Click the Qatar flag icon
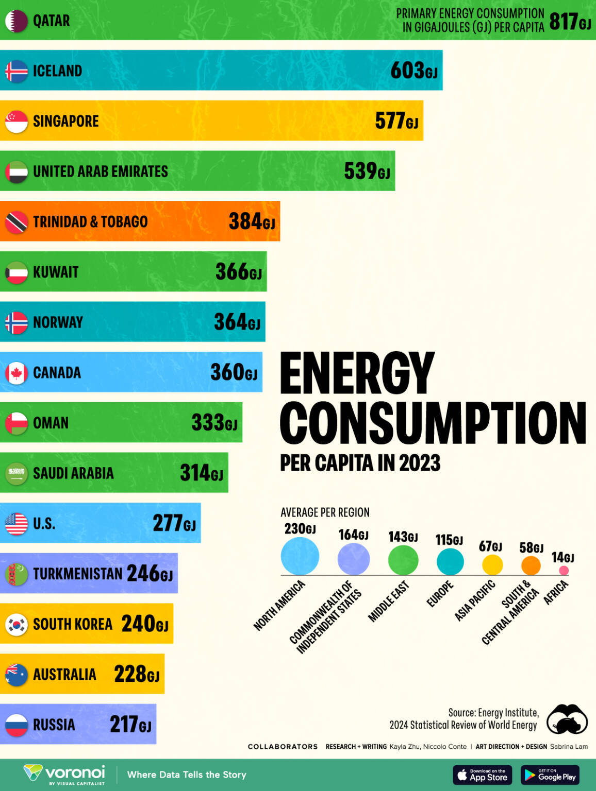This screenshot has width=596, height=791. [16, 21]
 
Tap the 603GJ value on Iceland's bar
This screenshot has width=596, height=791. [413, 71]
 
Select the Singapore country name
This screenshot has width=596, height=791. [65, 121]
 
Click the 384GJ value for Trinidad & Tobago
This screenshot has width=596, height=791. [252, 221]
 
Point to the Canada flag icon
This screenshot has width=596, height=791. [16, 373]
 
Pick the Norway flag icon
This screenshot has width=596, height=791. [16, 322]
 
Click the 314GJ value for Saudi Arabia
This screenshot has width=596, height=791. [201, 473]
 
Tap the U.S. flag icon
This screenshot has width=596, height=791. [16, 524]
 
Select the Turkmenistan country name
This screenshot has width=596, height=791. [77, 574]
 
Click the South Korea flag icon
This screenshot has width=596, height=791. [16, 624]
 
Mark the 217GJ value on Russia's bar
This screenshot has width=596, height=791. [130, 724]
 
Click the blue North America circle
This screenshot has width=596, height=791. [300, 556]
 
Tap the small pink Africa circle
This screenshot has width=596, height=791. [564, 570]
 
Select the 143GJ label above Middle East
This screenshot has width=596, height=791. [403, 537]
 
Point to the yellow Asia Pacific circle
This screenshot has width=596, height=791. [492, 565]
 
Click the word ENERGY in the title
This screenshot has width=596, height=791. [357, 373]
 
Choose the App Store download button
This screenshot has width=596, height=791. [482, 775]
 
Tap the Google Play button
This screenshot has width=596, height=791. [550, 775]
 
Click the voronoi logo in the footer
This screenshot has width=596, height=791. [65, 774]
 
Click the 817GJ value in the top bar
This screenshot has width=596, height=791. [570, 22]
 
